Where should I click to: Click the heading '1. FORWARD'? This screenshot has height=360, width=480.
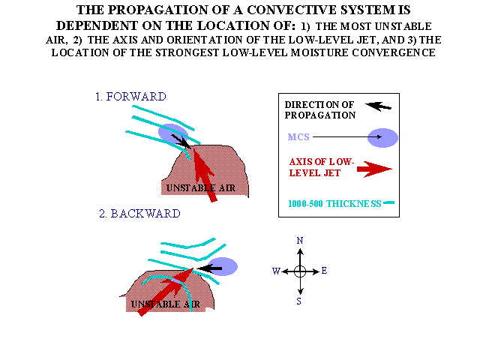[130, 97]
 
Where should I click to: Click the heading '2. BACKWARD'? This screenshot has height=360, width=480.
[139, 213]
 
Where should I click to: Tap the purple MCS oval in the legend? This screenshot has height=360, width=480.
[382, 138]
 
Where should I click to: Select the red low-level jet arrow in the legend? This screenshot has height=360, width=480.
[374, 169]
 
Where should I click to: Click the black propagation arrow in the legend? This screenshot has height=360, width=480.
[378, 106]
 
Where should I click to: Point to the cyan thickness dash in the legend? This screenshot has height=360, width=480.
[388, 202]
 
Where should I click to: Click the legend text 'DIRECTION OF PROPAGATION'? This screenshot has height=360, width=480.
[320, 110]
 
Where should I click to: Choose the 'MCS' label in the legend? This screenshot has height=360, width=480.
[298, 136]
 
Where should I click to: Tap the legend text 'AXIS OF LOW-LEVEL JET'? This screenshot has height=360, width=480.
[322, 167]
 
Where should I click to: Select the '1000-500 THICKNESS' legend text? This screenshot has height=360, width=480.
[334, 203]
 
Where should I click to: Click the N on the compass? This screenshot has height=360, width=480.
[300, 241]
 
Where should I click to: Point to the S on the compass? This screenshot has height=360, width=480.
[298, 301]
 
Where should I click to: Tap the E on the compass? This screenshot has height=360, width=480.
[324, 271]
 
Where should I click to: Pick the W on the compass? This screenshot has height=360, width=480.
[276, 271]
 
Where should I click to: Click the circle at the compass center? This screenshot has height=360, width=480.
[300, 271]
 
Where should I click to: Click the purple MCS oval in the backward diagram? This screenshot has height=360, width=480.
[222, 266]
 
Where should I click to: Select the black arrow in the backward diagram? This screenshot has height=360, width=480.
[209, 268]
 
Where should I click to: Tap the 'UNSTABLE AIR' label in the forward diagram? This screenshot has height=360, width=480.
[201, 188]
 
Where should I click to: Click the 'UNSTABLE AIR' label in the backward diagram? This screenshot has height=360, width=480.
[166, 304]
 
